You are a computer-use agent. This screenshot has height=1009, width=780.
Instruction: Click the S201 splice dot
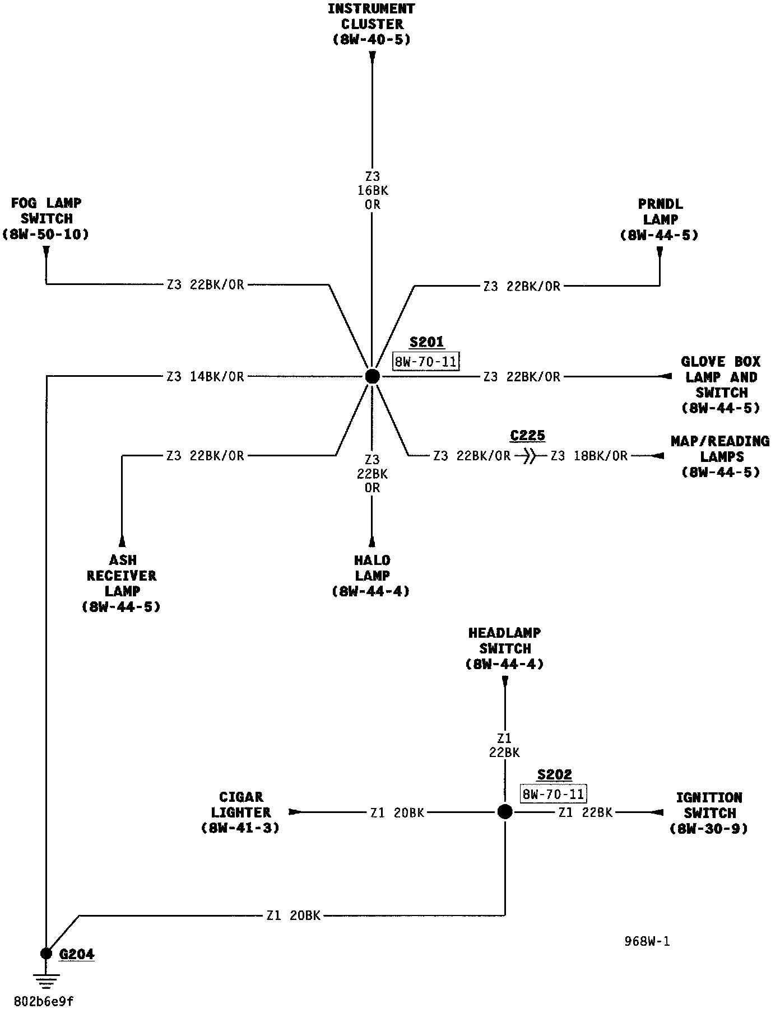(x=372, y=376)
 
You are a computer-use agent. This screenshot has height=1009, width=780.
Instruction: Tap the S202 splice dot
(x=505, y=812)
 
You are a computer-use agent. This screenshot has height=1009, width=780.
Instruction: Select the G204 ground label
(x=77, y=955)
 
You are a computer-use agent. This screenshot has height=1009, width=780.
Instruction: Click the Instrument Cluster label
(x=372, y=24)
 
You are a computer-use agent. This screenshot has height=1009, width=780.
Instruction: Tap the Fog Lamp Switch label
(x=46, y=219)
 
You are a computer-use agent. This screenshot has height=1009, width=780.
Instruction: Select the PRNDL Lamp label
(x=660, y=219)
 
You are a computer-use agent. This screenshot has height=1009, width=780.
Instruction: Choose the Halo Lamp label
(x=372, y=576)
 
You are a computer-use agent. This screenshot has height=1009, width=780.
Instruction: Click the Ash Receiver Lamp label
(x=122, y=583)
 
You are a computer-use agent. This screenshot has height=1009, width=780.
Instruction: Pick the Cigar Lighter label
(x=241, y=812)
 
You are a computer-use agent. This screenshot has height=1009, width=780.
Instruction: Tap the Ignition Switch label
(x=709, y=813)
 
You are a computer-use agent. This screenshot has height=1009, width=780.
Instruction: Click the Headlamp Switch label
(x=505, y=648)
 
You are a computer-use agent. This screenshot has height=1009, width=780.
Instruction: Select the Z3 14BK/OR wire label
(x=206, y=377)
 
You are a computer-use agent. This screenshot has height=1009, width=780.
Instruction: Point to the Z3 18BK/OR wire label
(x=589, y=456)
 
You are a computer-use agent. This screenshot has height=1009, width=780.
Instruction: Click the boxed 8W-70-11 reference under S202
(x=553, y=794)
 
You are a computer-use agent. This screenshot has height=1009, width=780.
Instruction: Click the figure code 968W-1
(x=647, y=942)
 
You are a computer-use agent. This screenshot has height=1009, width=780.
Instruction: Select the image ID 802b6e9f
(x=44, y=1001)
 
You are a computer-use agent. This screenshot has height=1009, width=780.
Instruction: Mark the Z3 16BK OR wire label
(x=373, y=191)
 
